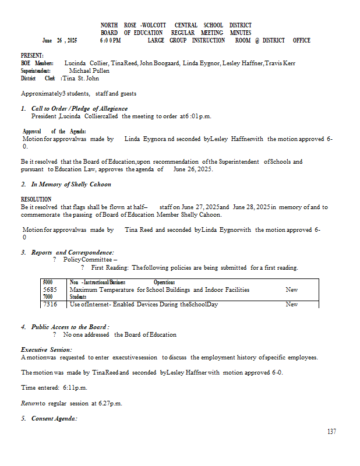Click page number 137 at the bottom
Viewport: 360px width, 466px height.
pos(331,432)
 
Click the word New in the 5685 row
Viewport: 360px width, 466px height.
pos(292,290)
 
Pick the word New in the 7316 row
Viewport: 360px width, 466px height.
pos(292,304)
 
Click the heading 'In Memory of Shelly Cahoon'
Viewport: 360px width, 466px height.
pos(71,184)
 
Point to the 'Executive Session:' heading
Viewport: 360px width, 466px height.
pos(47,349)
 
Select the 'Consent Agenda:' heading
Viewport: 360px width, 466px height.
pos(54,418)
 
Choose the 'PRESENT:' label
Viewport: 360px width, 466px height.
pos(32,55)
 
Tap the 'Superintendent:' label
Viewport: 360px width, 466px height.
pos(36,70)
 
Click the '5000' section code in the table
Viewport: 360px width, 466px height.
pos(48,282)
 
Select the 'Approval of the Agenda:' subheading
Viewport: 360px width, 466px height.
pos(54,132)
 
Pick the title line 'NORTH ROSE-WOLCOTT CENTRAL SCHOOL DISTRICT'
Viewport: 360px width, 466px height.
pos(176,26)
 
